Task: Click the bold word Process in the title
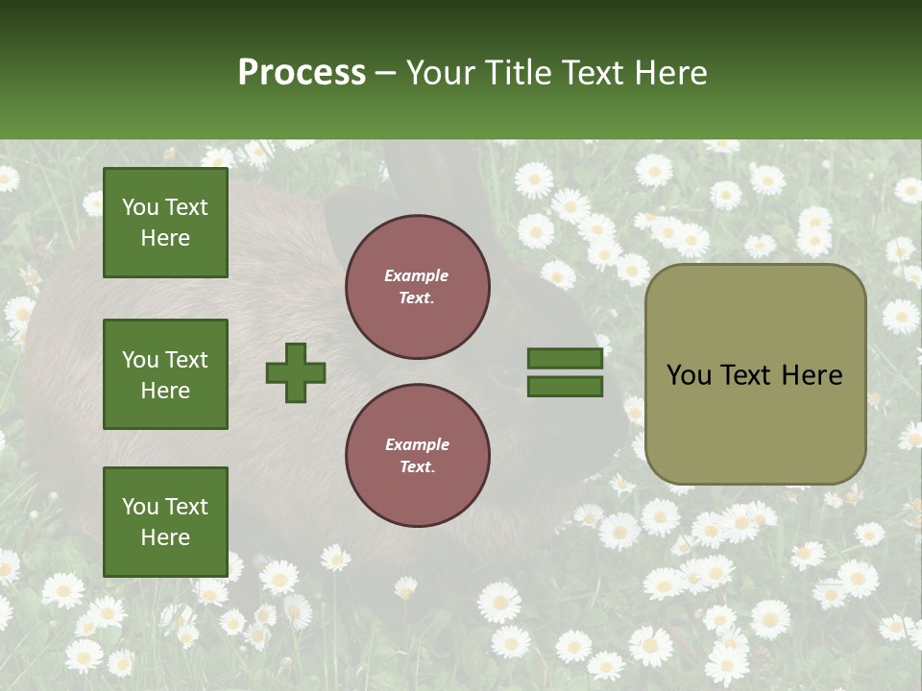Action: [302, 73]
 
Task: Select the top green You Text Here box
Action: [165, 223]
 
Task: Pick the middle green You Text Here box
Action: [165, 374]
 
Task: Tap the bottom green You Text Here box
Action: [165, 522]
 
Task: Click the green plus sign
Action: [296, 372]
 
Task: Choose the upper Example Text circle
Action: [417, 287]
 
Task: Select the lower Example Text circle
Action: [417, 456]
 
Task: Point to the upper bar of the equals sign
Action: [565, 359]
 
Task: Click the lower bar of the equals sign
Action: [565, 387]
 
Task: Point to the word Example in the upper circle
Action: [416, 275]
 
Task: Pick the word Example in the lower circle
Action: [417, 444]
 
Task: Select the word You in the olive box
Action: [689, 375]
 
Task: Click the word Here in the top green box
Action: [165, 238]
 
